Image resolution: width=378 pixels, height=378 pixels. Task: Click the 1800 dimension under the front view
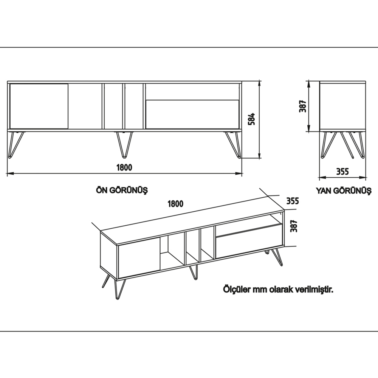coord(124,167)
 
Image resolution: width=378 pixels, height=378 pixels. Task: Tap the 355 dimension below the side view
coord(342,171)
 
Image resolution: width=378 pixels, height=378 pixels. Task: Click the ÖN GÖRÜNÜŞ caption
coord(122,191)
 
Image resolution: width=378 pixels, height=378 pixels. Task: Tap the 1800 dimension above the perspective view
coord(175,204)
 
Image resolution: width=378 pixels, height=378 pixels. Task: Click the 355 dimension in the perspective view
coord(292,201)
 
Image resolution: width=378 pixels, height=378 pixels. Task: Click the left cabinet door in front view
coord(39,106)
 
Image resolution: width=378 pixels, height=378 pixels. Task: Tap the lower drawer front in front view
coord(192,114)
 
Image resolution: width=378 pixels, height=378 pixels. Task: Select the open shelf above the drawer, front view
coord(192,92)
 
